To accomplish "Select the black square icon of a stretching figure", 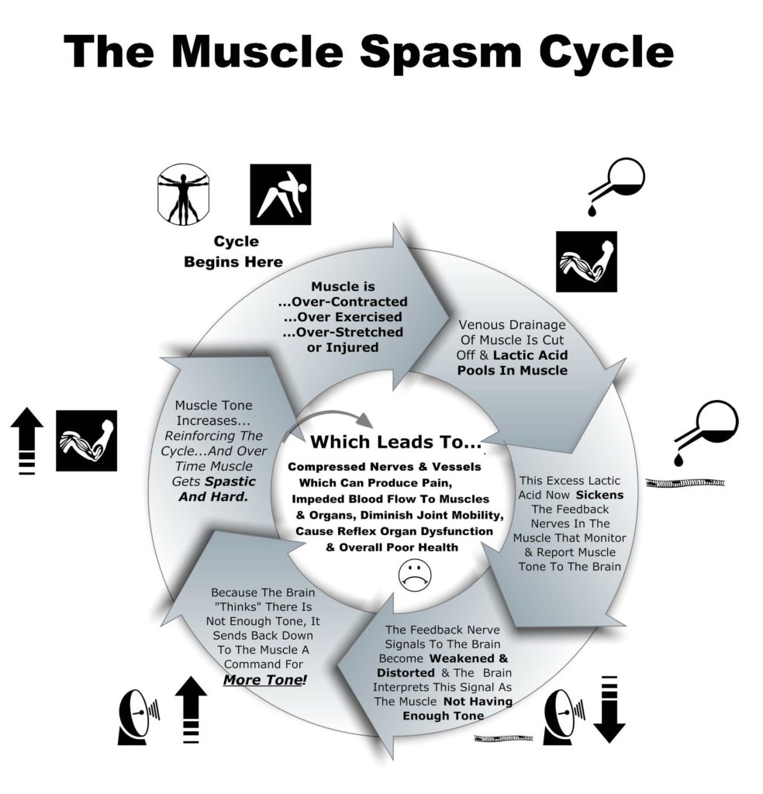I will click(x=280, y=194).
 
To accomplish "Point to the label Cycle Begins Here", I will click(x=233, y=252).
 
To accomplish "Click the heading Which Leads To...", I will click(x=396, y=443).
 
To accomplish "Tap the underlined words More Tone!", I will click(x=264, y=680).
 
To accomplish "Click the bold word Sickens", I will click(x=599, y=494).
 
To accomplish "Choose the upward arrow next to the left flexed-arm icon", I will click(x=27, y=440).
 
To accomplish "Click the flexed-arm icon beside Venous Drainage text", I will click(x=586, y=261).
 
